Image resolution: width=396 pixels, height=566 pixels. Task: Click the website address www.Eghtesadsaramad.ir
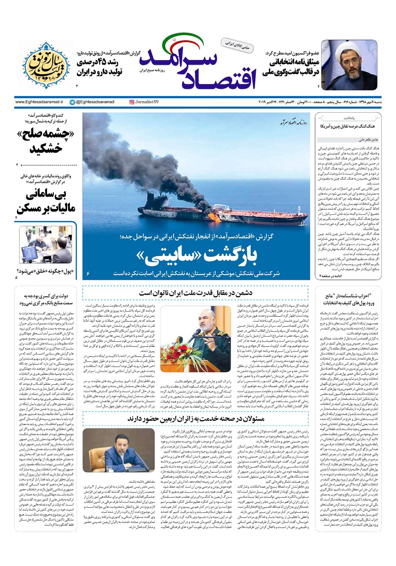pos(39,102)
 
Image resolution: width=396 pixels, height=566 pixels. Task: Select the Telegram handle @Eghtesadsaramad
pos(92,102)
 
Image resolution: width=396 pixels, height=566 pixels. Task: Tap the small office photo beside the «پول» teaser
pos(45,245)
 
